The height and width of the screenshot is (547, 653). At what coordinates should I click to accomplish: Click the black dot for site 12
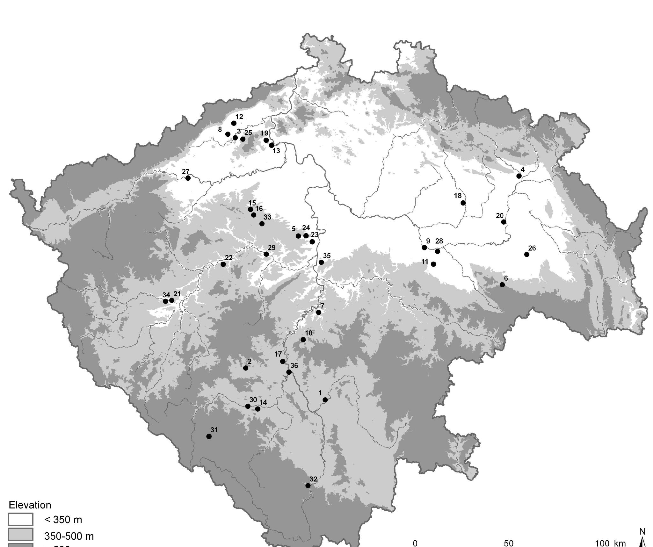click(234, 123)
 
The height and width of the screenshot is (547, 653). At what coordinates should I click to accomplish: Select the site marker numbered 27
click(188, 178)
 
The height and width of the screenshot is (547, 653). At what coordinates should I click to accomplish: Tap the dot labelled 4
click(519, 176)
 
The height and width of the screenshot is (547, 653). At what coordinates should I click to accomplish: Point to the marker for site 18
click(463, 203)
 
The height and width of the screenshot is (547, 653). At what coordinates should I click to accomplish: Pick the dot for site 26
click(527, 255)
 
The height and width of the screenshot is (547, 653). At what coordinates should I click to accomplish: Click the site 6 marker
click(502, 285)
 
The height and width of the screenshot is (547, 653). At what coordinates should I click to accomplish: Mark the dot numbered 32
click(308, 486)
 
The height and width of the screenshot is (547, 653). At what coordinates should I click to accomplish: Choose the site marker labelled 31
click(209, 436)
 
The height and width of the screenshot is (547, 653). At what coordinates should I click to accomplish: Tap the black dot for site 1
click(325, 400)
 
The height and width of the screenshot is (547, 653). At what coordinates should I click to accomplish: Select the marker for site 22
click(223, 264)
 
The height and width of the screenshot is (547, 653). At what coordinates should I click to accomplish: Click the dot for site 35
click(321, 262)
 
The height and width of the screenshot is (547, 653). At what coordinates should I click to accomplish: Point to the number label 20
click(499, 216)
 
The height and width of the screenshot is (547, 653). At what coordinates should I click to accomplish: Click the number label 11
click(424, 262)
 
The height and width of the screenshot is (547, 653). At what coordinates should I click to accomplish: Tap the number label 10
click(308, 333)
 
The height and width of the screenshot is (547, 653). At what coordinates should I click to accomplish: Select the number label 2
click(250, 362)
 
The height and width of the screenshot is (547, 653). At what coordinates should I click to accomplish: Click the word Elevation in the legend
click(30, 505)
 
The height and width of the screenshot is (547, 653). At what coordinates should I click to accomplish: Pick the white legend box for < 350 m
click(20, 519)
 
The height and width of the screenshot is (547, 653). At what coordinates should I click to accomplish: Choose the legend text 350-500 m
click(69, 536)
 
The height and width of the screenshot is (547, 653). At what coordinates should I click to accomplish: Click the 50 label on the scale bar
click(509, 543)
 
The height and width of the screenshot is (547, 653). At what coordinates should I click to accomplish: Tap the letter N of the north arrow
click(642, 531)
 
